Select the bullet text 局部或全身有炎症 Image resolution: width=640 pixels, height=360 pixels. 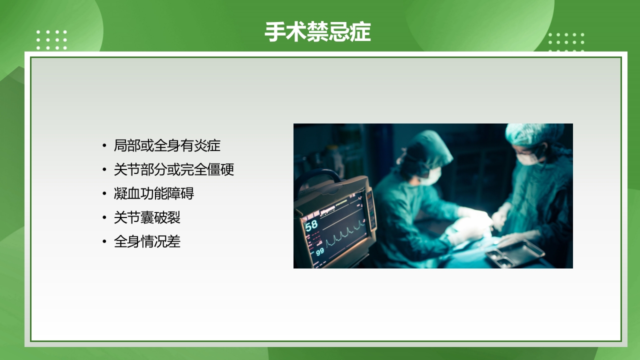(x=167, y=145)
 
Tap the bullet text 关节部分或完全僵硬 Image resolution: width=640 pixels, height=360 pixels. (x=174, y=169)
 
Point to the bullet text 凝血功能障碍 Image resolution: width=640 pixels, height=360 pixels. (x=154, y=193)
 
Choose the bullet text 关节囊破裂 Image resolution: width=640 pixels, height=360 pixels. (x=147, y=217)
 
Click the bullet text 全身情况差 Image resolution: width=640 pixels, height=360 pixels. (x=147, y=242)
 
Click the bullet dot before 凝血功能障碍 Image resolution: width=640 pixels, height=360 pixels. (x=104, y=193)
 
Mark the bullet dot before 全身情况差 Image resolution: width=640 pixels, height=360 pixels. (x=104, y=242)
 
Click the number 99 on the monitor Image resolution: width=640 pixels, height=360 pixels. (x=320, y=251)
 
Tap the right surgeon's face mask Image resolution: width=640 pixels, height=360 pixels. (x=527, y=158)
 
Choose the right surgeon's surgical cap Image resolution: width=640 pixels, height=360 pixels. (x=532, y=133)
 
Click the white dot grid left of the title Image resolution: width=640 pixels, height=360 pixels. (x=51, y=40)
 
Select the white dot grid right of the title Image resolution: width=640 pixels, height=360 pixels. (x=566, y=42)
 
